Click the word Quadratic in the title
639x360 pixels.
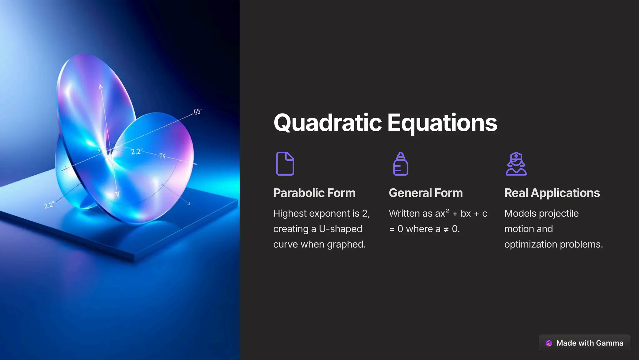point(327,123)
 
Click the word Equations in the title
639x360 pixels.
point(442,123)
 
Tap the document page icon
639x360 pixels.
point(285,164)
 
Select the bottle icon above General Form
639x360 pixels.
point(400,164)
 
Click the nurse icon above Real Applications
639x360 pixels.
point(516,164)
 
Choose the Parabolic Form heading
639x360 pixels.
point(314,193)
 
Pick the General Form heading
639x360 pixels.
point(426,193)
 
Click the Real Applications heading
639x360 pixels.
point(552,193)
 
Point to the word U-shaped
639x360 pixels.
point(340,229)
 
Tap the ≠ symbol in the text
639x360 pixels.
point(446,229)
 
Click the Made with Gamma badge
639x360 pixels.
point(584,343)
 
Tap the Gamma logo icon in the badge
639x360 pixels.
point(549,343)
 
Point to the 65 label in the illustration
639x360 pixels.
point(198,112)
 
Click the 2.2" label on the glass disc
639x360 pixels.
point(136,152)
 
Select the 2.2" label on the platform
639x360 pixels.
point(49,205)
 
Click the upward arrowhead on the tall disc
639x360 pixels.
point(100,86)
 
